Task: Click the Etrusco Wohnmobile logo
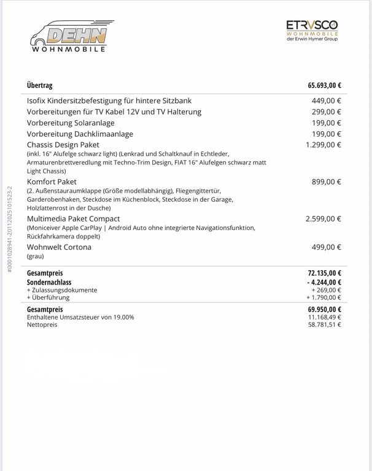(x=311, y=30)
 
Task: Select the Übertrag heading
(x=40, y=86)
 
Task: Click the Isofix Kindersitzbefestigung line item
(x=110, y=101)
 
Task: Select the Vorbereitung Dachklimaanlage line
(x=80, y=134)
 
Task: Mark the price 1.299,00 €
(x=324, y=145)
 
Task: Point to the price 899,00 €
(x=327, y=182)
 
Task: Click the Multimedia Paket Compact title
(x=73, y=218)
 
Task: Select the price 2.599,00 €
(x=324, y=218)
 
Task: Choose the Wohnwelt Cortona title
(x=59, y=247)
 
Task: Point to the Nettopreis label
(x=42, y=324)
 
